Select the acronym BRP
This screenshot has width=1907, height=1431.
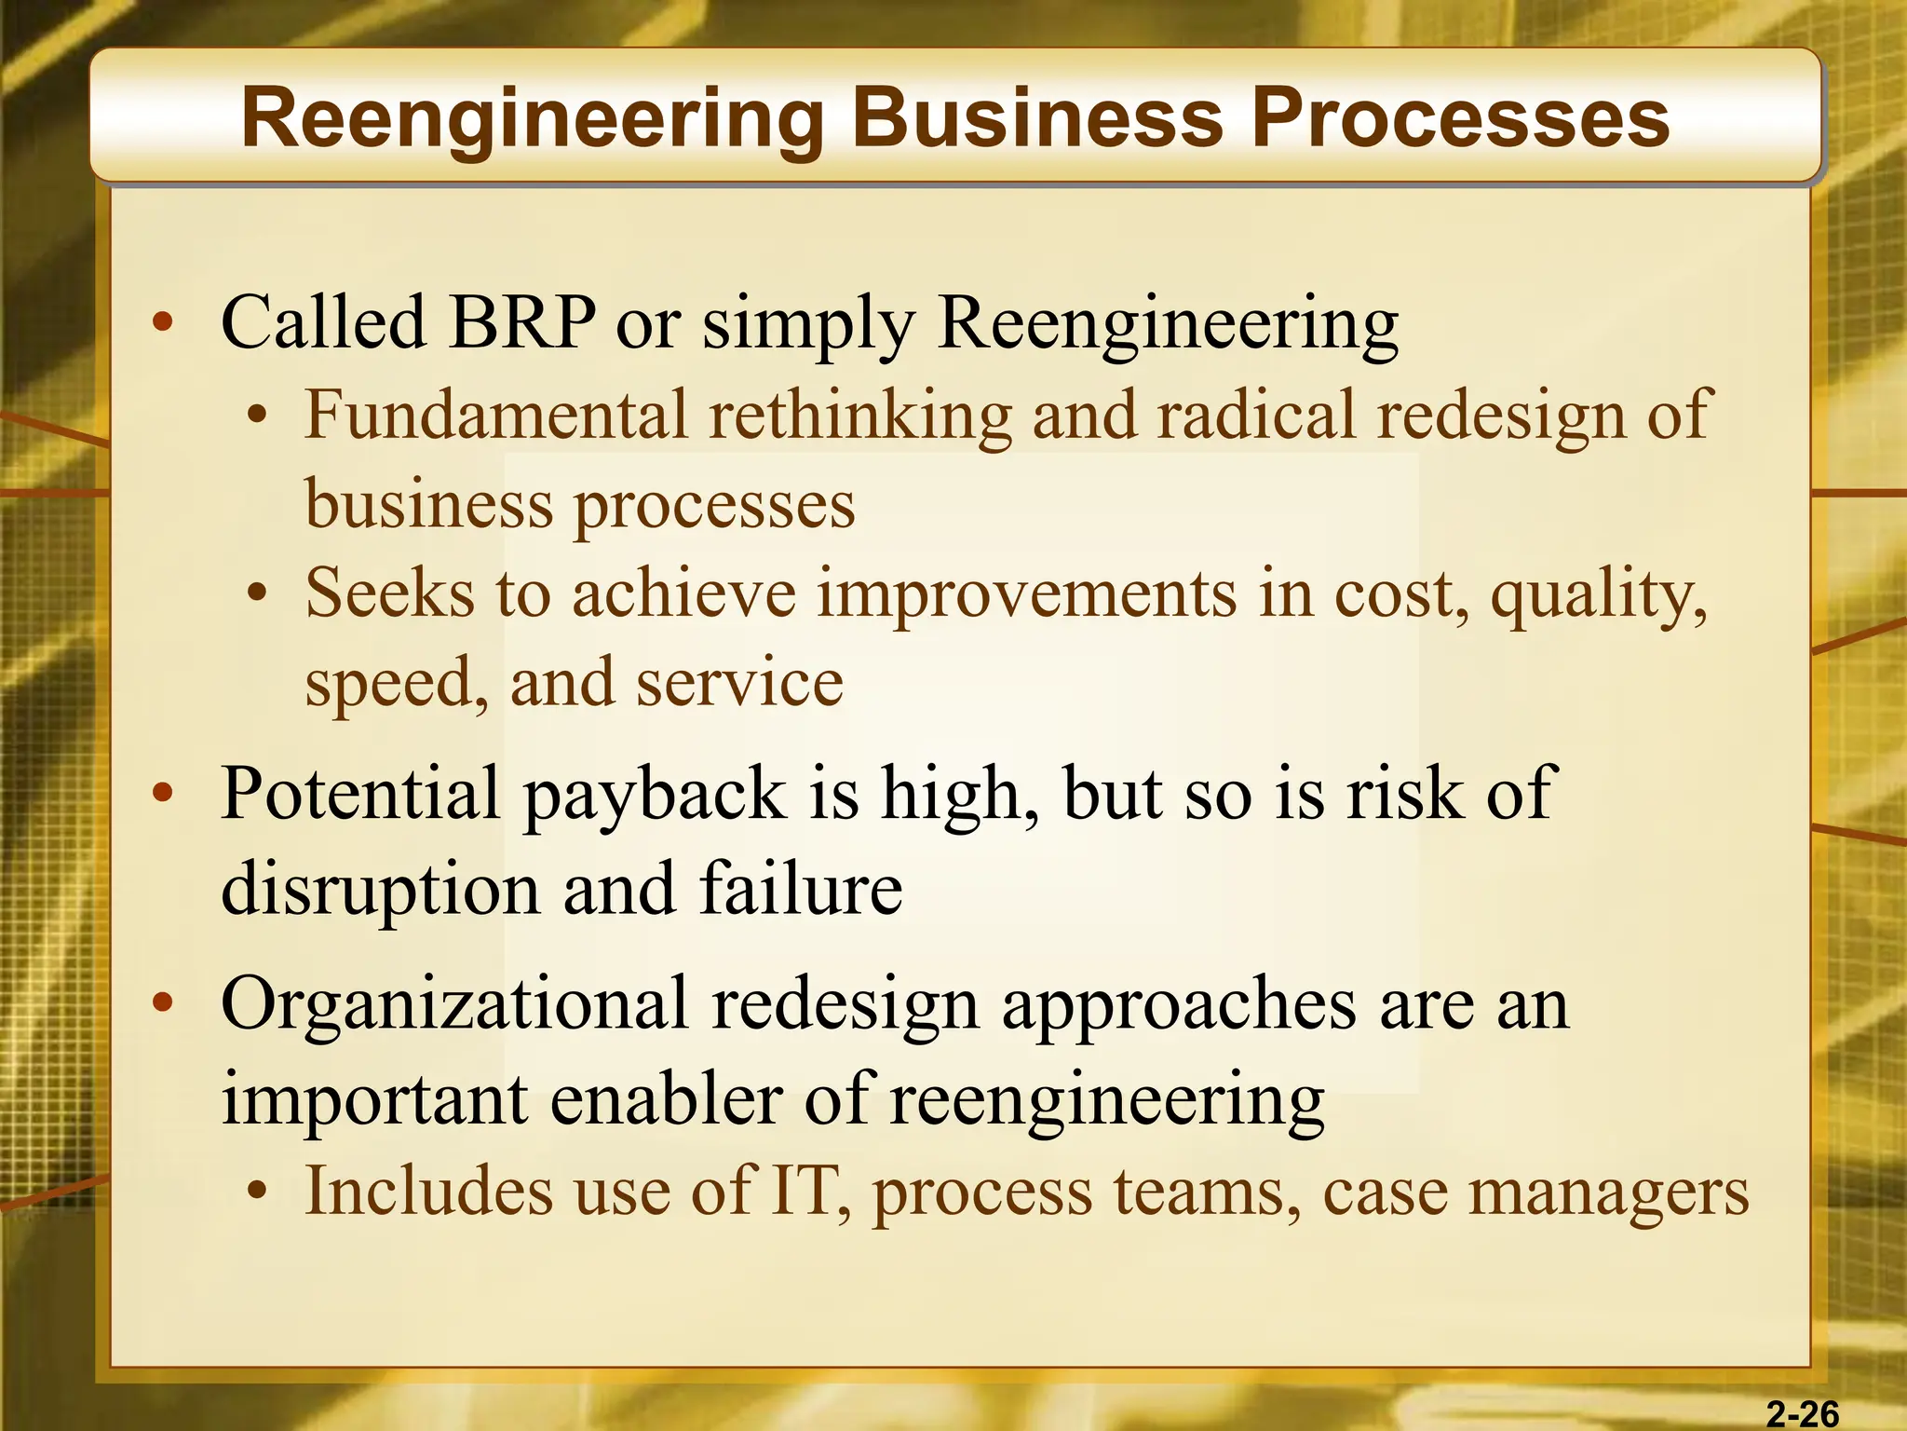click(521, 322)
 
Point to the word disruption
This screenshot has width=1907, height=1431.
click(381, 890)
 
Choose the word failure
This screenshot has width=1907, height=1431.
click(800, 888)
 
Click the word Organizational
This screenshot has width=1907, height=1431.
click(454, 1004)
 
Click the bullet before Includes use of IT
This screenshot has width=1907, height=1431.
click(258, 1192)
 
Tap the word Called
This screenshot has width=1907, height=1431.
click(323, 322)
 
